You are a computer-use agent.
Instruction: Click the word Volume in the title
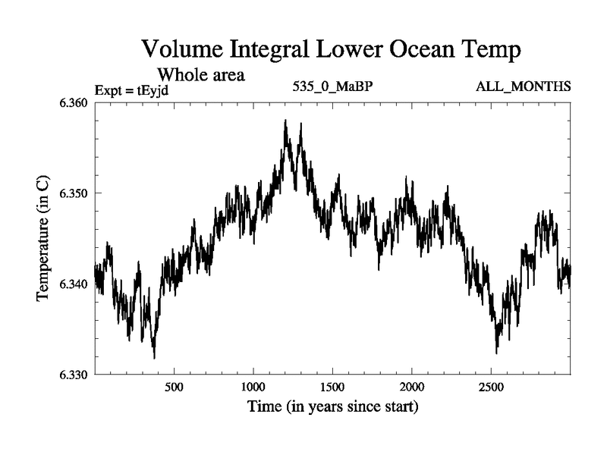[181, 51]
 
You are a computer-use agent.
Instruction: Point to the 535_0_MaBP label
[332, 86]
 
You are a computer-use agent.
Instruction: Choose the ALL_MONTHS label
[524, 86]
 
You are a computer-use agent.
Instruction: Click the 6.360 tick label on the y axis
[74, 102]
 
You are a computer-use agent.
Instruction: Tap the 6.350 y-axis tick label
[74, 193]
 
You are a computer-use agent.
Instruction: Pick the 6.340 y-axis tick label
[74, 284]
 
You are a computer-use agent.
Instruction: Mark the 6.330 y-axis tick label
[74, 375]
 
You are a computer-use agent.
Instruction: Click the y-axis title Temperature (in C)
[43, 238]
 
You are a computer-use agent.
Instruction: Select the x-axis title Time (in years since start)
[332, 407]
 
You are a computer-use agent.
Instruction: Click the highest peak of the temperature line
[285, 121]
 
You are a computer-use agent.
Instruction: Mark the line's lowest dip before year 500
[154, 357]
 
